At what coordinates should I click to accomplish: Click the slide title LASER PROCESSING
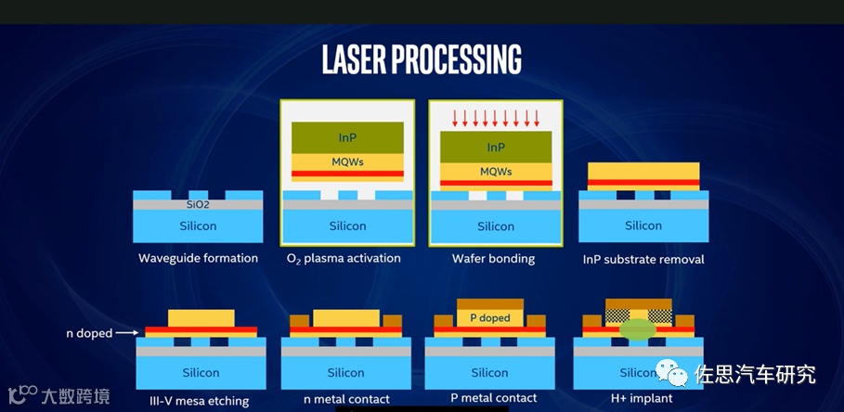coord(422,58)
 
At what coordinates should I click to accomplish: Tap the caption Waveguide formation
coord(198,258)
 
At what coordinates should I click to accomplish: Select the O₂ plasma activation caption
coord(346,258)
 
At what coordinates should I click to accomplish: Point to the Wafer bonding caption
coord(493,259)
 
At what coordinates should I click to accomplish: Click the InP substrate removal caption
coord(643,259)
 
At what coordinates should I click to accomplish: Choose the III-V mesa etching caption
coord(199,401)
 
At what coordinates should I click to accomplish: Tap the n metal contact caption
coord(345,400)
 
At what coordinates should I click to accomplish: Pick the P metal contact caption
coord(494,398)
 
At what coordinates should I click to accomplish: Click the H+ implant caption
coord(641,399)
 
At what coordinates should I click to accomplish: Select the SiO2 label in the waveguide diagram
coord(199,204)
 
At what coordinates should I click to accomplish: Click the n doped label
coord(89,333)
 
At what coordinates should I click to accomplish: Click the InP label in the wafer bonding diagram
coord(496,148)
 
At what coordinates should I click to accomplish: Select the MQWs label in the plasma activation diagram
coord(347,161)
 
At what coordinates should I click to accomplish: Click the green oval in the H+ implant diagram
coord(638,328)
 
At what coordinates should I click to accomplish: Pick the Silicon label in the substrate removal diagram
coord(643,225)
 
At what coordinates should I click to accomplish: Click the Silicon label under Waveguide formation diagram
coord(198,225)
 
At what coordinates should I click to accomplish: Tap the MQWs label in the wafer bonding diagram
coord(496,172)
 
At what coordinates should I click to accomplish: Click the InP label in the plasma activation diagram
coord(347,137)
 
